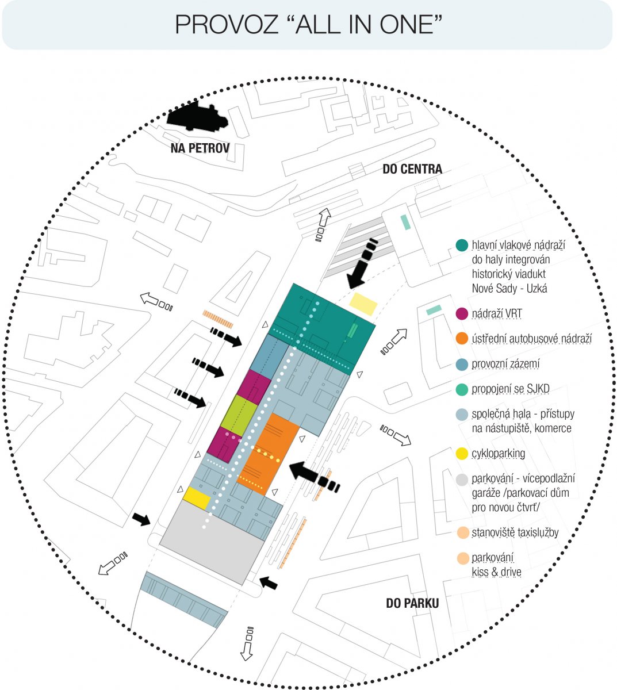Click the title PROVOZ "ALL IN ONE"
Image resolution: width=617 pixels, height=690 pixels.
point(308,25)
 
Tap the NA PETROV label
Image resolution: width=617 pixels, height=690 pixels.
point(200,148)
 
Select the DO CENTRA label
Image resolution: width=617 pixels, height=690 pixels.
point(412,169)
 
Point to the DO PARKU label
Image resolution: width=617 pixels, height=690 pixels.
point(412,603)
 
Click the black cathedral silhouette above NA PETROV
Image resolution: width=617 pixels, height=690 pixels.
point(197,117)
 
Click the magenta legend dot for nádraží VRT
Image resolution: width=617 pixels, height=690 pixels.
point(462,314)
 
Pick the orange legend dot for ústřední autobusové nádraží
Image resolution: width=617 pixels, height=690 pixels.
point(462,339)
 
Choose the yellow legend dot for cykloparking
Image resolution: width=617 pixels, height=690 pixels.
point(462,454)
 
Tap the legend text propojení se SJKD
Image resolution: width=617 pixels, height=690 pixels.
point(511,389)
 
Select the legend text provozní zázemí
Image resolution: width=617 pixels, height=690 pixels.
point(505,364)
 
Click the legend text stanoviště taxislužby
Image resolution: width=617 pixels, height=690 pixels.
point(515,532)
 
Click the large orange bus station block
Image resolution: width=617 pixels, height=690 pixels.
point(268,454)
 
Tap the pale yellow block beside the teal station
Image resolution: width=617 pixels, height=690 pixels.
point(363,304)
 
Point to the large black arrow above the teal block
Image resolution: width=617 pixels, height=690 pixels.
point(362,263)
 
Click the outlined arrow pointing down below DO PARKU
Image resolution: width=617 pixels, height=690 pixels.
point(247,643)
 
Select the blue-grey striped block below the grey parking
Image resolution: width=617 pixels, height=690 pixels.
point(184,600)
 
